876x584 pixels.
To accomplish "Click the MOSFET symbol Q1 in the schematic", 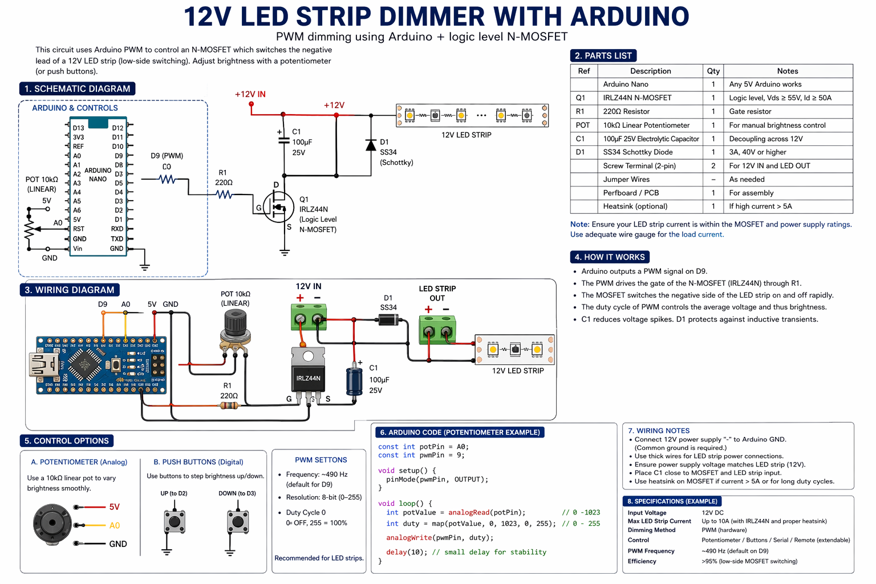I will [279, 206].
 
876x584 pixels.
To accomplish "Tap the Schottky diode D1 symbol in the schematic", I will [371, 145].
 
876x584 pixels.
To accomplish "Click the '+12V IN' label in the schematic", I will [250, 94].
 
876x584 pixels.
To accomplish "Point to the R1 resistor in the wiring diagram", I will [229, 405].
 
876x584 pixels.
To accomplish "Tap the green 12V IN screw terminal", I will [309, 317].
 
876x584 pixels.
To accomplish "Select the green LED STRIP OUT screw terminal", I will [437, 330].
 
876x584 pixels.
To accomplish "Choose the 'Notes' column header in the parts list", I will [787, 71].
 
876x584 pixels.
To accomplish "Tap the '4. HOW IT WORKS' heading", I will [610, 257].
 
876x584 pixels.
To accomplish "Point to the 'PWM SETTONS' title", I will [321, 460].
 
